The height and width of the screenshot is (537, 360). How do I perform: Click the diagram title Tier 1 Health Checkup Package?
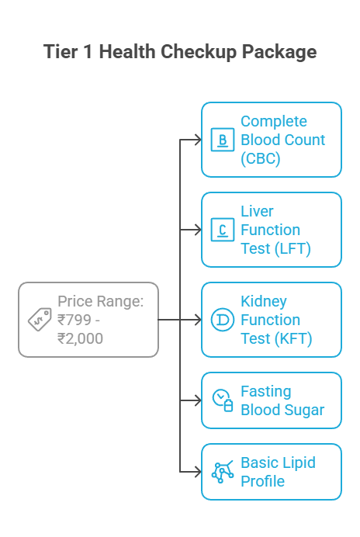pos(180,52)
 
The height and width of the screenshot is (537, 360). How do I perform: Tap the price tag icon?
pos(40,319)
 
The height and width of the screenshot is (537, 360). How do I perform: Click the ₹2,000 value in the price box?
pos(80,338)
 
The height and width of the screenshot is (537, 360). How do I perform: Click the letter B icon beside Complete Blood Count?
pos(223,140)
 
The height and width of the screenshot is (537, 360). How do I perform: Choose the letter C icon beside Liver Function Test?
pos(223,230)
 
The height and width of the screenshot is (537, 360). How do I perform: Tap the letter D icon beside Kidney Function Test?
pos(223,320)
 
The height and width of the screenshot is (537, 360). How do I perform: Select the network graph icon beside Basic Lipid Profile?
pos(223,472)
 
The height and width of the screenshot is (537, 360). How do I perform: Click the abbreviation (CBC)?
pos(260,159)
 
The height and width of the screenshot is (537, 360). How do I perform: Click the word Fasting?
pos(266,391)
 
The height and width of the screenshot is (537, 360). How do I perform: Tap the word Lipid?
pos(299,463)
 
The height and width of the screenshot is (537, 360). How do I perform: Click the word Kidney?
pos(264,301)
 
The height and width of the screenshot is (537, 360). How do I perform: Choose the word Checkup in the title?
pos(195,52)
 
